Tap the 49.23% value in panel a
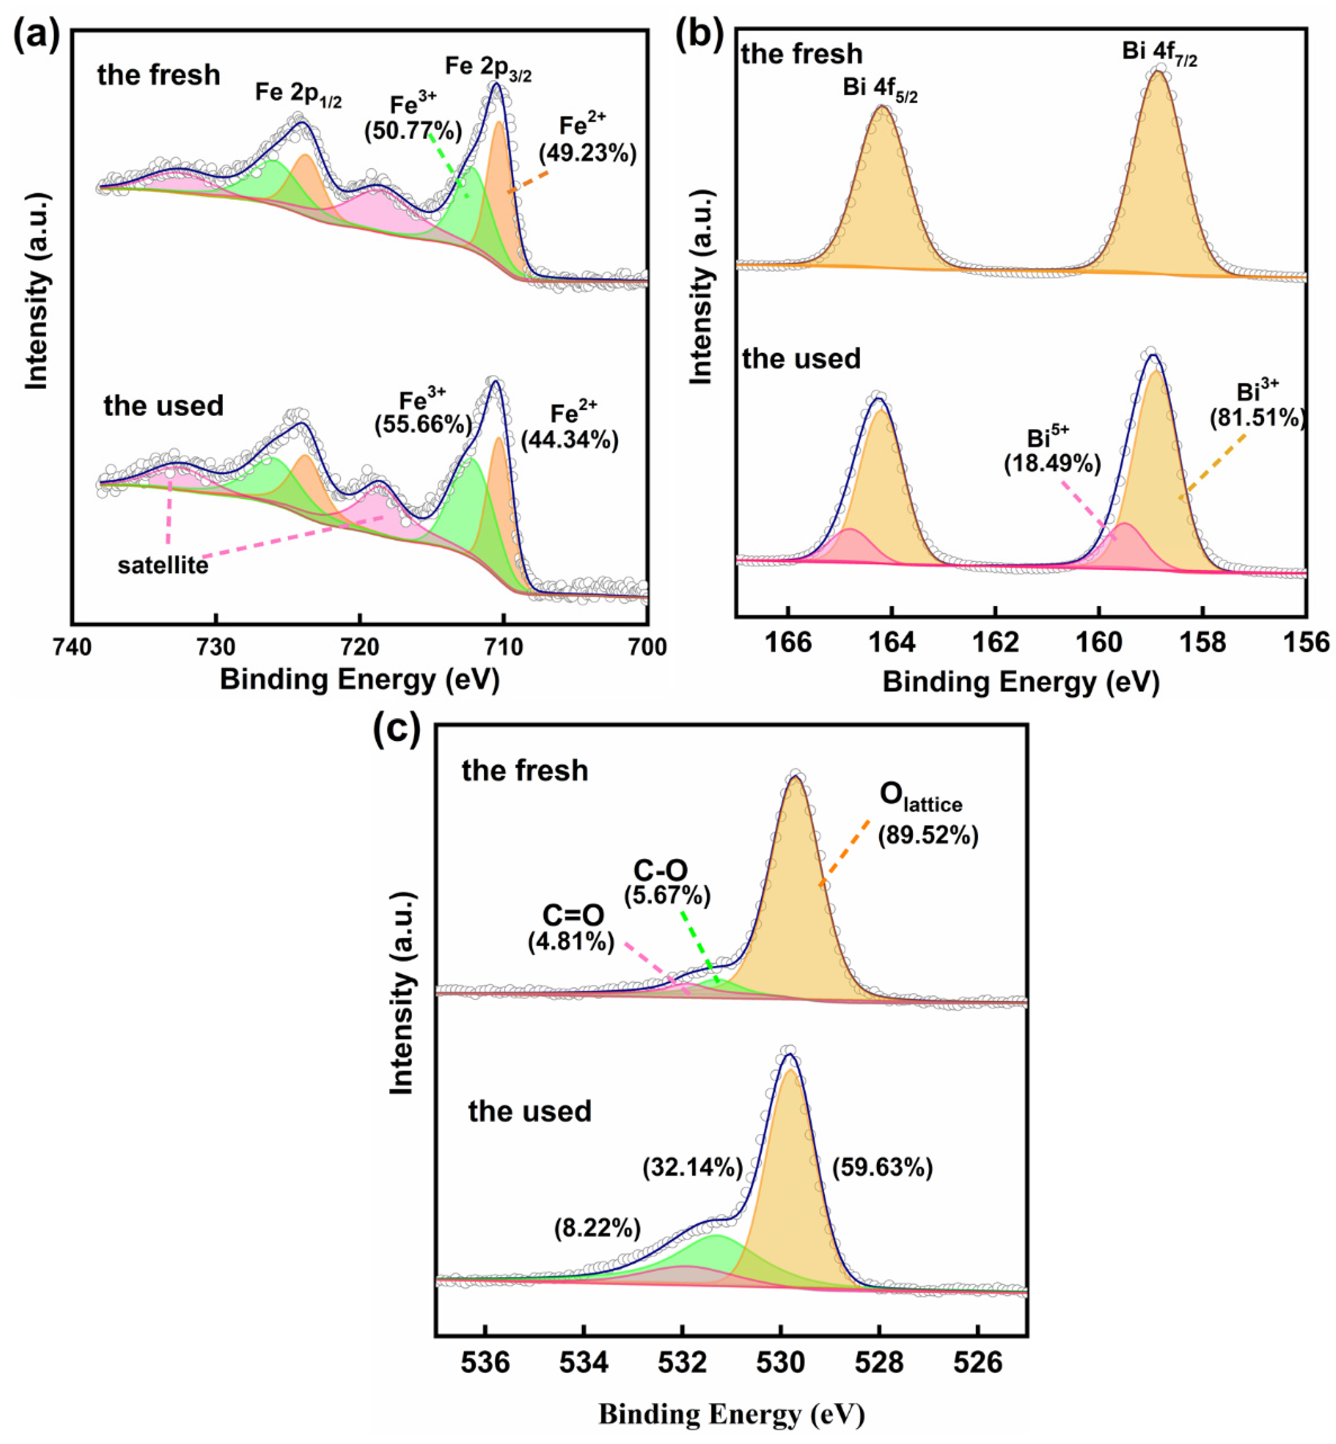(x=587, y=153)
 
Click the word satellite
(x=163, y=565)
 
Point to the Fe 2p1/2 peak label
(x=299, y=93)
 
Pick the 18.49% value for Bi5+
(x=1052, y=464)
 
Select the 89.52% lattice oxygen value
(x=928, y=836)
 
